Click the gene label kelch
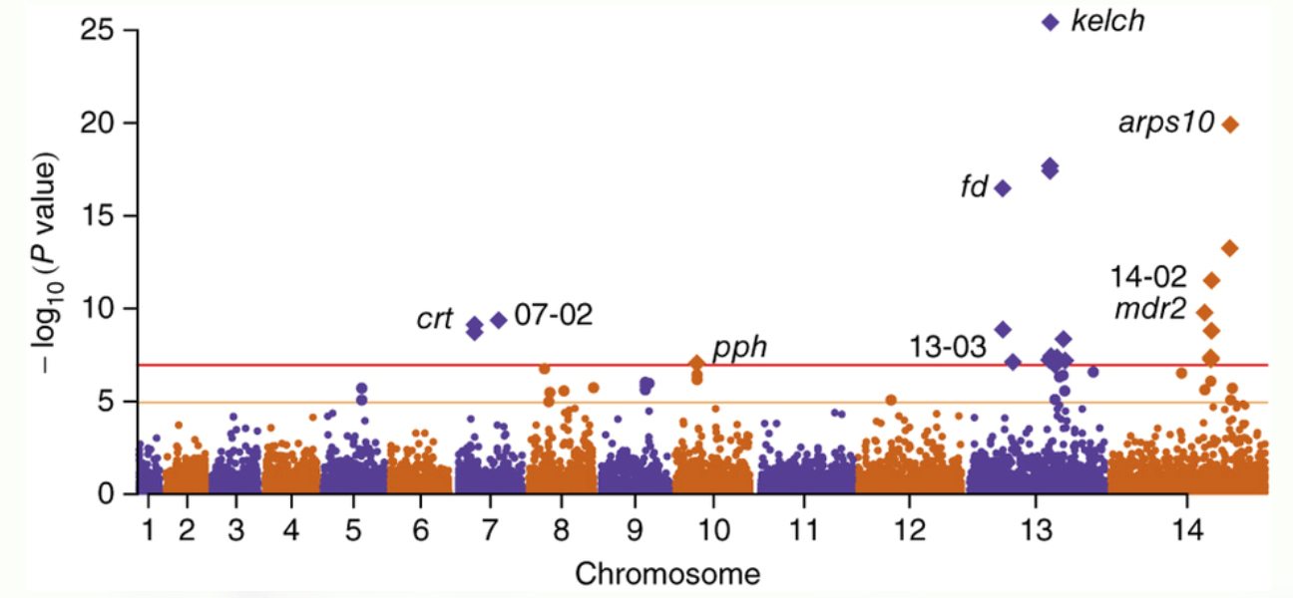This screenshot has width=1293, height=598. pyautogui.click(x=1107, y=20)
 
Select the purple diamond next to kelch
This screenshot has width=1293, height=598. pyautogui.click(x=1050, y=22)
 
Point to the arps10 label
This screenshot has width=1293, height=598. pyautogui.click(x=1166, y=124)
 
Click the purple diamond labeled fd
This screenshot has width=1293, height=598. pyautogui.click(x=1003, y=188)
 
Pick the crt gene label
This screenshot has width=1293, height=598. pyautogui.click(x=435, y=320)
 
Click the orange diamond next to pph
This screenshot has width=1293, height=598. pyautogui.click(x=696, y=363)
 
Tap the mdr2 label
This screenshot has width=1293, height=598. pyautogui.click(x=1150, y=310)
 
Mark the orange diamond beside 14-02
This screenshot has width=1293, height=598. pyautogui.click(x=1211, y=280)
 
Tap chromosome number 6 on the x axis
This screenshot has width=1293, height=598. pyautogui.click(x=420, y=528)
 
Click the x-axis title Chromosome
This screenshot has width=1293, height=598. pyautogui.click(x=666, y=574)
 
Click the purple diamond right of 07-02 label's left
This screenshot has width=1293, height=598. pyautogui.click(x=499, y=320)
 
